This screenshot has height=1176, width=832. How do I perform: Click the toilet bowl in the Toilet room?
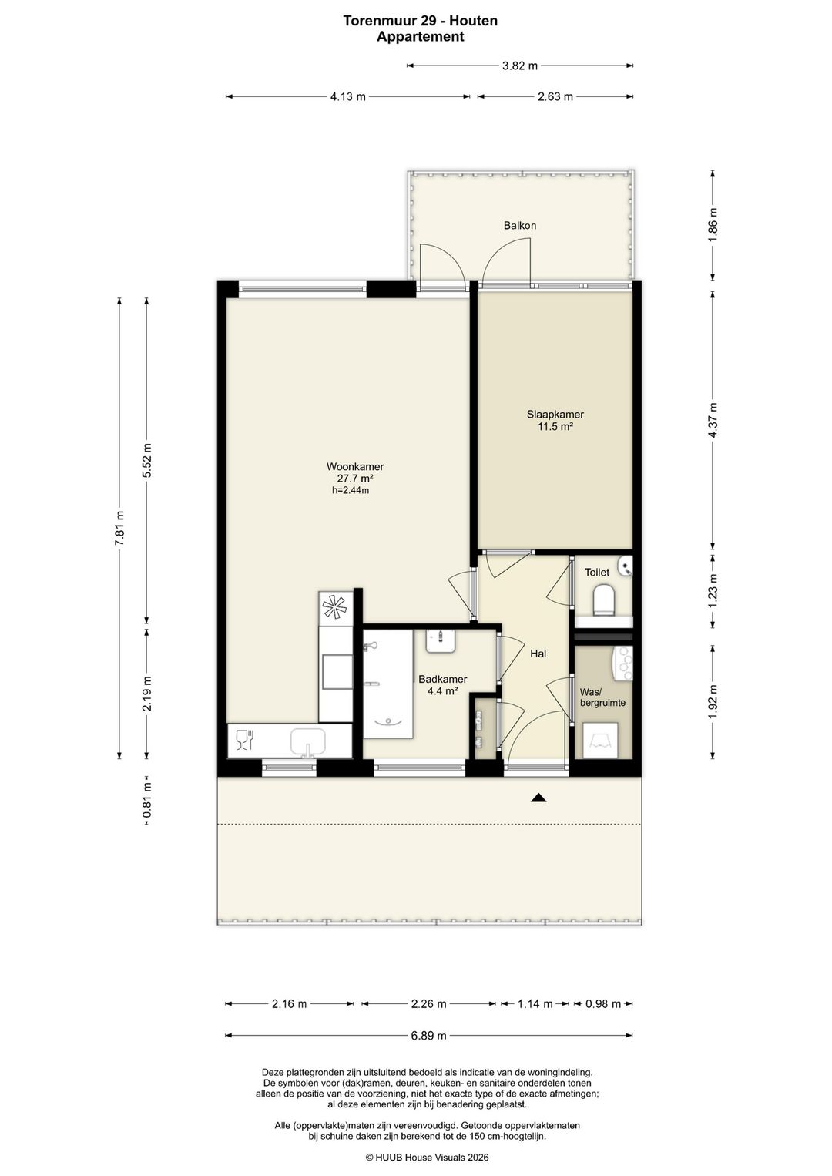pyautogui.click(x=603, y=600)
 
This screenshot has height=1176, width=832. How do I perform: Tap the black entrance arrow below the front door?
pyautogui.click(x=538, y=798)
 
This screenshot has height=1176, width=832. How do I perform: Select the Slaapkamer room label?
pyautogui.click(x=555, y=415)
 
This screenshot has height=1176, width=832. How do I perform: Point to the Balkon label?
pyautogui.click(x=520, y=225)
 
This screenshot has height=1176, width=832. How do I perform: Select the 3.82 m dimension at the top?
pyautogui.click(x=520, y=66)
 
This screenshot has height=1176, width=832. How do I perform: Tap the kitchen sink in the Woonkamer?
pyautogui.click(x=308, y=742)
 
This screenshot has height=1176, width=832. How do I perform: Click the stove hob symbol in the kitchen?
pyautogui.click(x=335, y=606)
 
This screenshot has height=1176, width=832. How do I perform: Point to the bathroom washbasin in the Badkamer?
pyautogui.click(x=441, y=640)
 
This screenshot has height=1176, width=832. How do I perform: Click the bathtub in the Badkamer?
pyautogui.click(x=388, y=684)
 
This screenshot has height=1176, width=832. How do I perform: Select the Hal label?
pyautogui.click(x=538, y=654)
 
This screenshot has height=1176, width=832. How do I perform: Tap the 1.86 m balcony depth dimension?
pyautogui.click(x=713, y=225)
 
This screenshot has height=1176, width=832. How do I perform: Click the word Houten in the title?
pyautogui.click(x=476, y=21)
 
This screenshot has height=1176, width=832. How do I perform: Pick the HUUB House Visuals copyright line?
pyautogui.click(x=427, y=1157)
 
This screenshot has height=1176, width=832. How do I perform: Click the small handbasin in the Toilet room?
pyautogui.click(x=626, y=566)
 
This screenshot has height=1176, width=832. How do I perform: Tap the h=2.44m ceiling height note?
pyautogui.click(x=350, y=491)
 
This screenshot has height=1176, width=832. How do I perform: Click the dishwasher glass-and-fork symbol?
pyautogui.click(x=245, y=740)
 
